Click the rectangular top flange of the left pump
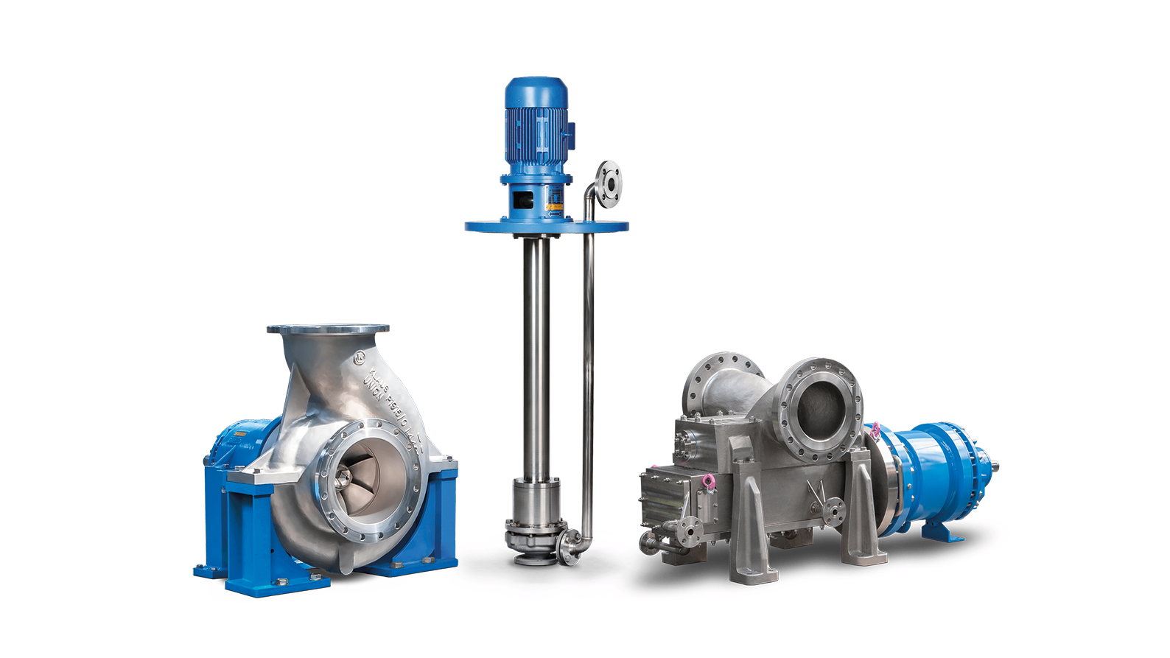(x=329, y=329)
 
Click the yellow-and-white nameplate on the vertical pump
(x=553, y=197)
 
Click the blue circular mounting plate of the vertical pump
(x=546, y=225)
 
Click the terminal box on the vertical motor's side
(x=570, y=133)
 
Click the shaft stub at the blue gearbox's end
(x=992, y=466)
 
